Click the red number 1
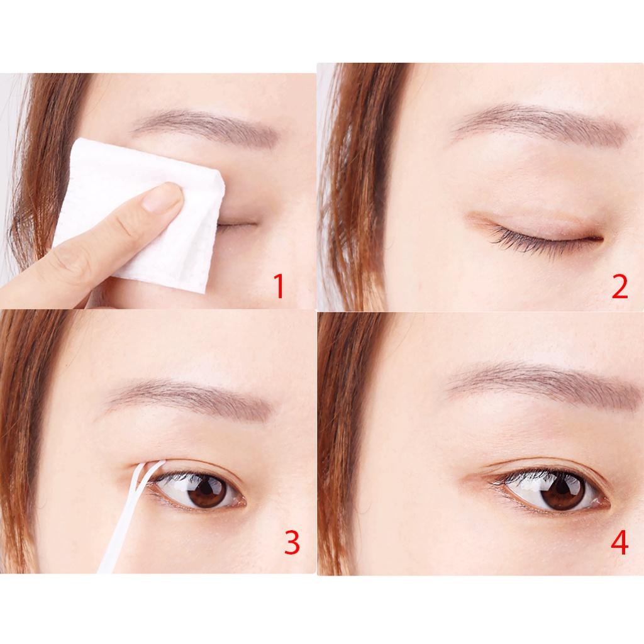[279, 287]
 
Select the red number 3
[292, 542]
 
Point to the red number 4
[619, 542]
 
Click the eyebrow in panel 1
[206, 125]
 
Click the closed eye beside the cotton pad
[237, 225]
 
